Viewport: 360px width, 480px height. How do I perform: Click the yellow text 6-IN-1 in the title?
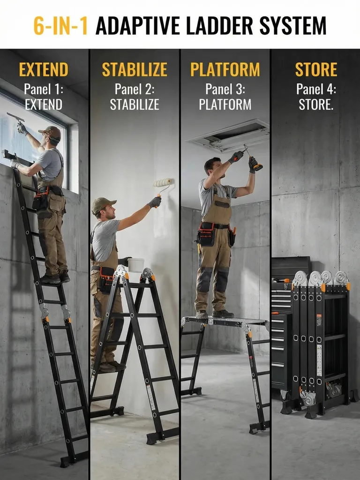coord(60,26)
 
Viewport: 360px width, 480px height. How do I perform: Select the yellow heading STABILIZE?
coord(135,69)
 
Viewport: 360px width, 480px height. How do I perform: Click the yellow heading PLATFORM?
coord(225,69)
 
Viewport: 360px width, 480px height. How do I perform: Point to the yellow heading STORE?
coord(316,69)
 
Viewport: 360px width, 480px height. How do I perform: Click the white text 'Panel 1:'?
coord(44,89)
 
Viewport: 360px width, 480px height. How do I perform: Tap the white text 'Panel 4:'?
coord(316,89)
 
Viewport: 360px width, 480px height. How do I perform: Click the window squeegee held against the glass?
coord(15,118)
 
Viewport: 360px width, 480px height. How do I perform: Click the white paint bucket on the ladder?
coord(136,265)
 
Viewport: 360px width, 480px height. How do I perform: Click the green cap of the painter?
coord(103,204)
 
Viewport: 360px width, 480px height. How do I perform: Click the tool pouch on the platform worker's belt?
coord(206,234)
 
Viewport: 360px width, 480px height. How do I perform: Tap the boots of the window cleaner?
coord(55,277)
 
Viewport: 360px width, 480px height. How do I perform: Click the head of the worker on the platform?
coord(213,166)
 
